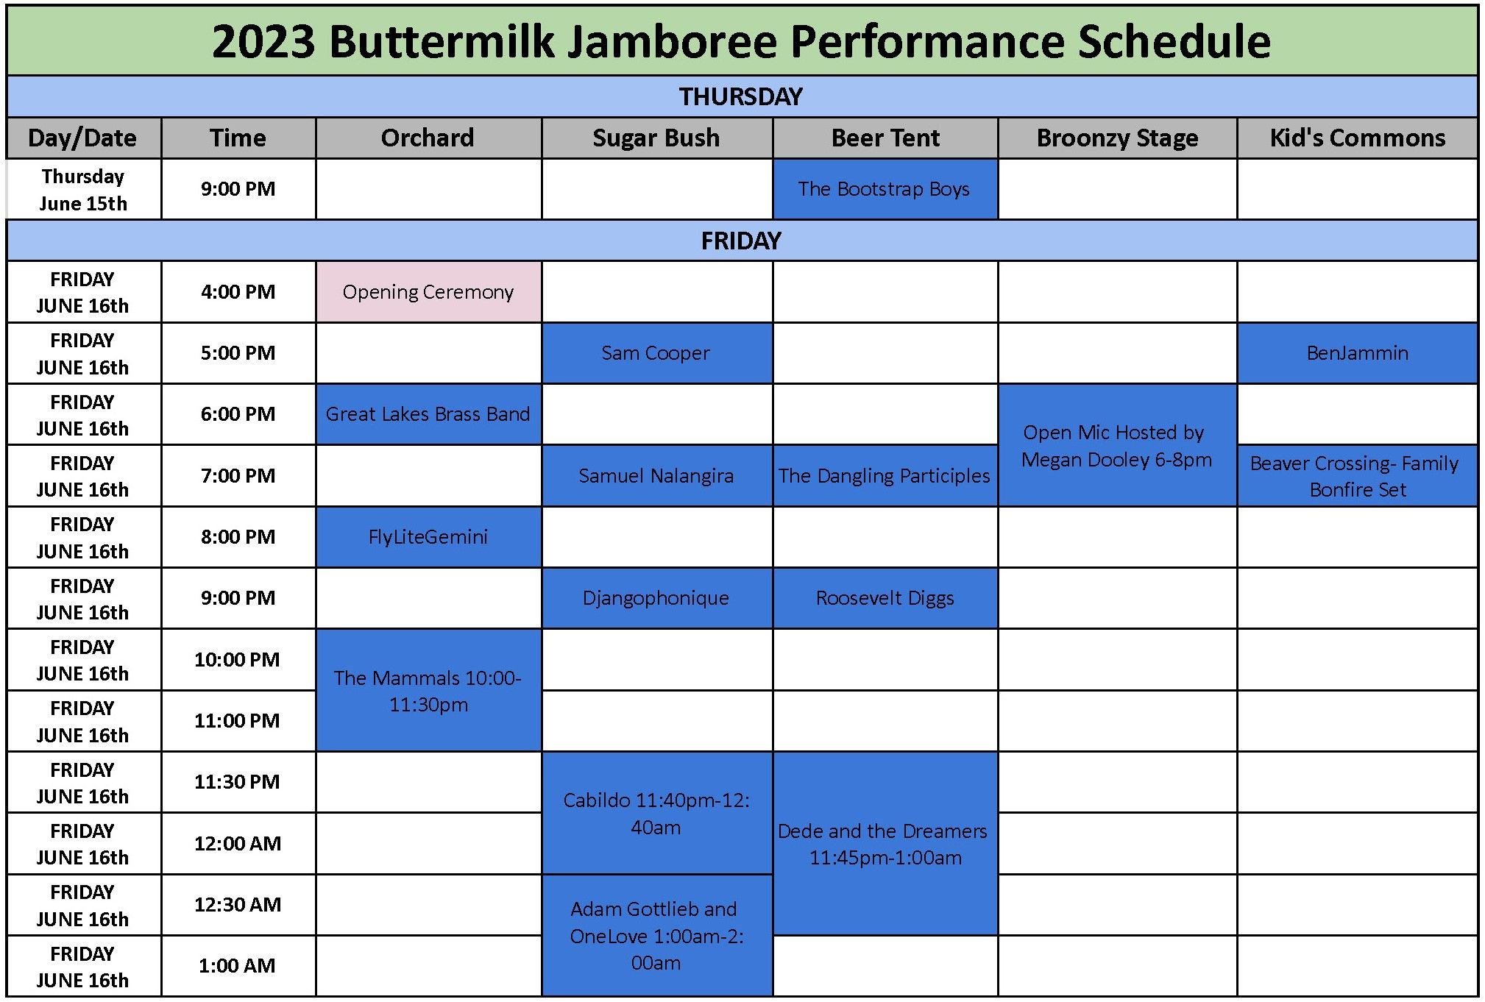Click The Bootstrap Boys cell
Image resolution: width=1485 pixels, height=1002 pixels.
click(885, 189)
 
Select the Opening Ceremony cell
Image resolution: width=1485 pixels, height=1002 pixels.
click(428, 292)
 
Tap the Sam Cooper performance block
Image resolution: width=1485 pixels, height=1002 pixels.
click(656, 353)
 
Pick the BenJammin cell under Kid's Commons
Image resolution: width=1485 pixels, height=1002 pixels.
click(1358, 353)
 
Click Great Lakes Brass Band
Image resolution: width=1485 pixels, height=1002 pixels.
click(428, 414)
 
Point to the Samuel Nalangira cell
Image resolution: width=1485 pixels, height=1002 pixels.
click(656, 475)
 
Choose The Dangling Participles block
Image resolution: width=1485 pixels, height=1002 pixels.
click(885, 475)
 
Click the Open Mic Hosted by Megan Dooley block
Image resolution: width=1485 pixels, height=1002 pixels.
click(1117, 445)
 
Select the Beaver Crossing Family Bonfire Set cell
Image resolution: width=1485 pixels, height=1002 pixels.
click(1358, 475)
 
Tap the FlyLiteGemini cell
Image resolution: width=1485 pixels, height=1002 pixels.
click(428, 537)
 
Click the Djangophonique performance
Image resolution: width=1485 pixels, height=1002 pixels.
click(656, 598)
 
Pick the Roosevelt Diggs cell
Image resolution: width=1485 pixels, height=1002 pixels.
click(885, 598)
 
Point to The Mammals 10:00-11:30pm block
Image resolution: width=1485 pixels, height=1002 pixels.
click(428, 690)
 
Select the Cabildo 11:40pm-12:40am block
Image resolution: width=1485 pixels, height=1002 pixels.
click(656, 813)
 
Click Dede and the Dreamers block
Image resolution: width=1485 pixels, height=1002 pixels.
click(885, 844)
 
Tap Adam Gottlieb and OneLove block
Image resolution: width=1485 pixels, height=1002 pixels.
click(656, 936)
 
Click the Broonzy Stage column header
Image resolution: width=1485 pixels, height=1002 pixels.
click(1117, 138)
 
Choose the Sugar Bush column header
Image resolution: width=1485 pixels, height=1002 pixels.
click(656, 138)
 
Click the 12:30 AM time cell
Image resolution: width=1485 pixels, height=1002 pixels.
click(238, 905)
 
